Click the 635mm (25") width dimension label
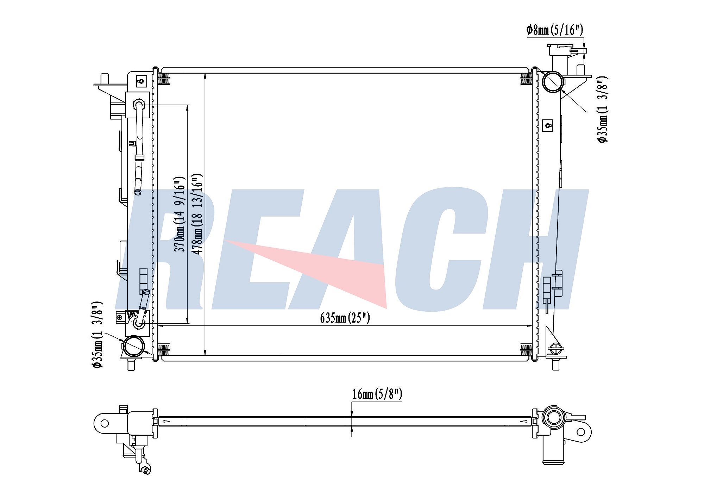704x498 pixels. [x=345, y=318]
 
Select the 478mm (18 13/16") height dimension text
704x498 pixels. [x=197, y=214]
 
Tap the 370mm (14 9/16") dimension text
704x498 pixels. [x=180, y=214]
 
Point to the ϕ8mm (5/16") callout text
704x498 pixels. [x=555, y=30]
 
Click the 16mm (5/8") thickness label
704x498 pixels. [x=377, y=394]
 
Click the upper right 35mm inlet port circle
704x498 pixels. [x=552, y=82]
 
